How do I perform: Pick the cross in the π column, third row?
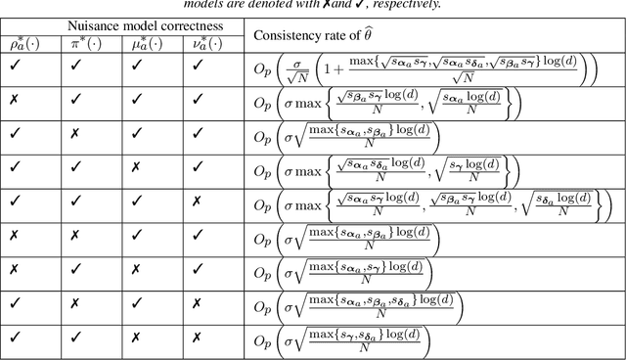point(75,135)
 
